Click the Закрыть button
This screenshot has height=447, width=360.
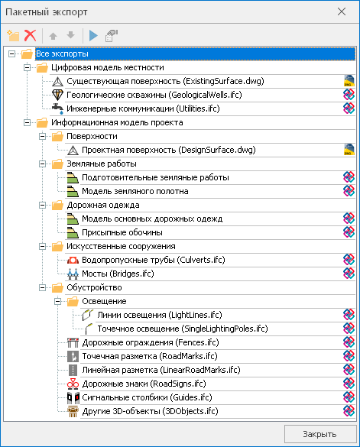[320, 434]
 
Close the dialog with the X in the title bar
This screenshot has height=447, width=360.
[342, 11]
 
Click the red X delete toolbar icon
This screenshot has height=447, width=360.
[31, 36]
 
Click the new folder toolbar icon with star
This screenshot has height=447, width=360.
[13, 36]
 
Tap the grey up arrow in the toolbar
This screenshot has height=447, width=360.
[53, 36]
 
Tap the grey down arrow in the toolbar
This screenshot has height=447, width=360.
[70, 35]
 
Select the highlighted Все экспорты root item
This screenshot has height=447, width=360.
[62, 53]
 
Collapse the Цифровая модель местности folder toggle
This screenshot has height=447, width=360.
[27, 67]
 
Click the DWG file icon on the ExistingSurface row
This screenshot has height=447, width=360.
[349, 81]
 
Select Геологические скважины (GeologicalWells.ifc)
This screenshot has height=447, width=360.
[154, 95]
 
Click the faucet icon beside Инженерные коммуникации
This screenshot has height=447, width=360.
[57, 109]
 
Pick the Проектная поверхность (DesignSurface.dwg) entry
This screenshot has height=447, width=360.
[169, 150]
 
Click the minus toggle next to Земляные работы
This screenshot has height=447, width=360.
[43, 164]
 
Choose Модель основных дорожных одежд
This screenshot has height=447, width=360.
[152, 219]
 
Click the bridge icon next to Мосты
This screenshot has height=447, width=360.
[73, 274]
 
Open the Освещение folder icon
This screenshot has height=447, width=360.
[73, 301]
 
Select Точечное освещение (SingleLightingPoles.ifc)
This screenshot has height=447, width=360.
[183, 329]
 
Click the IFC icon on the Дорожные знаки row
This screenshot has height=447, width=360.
[349, 384]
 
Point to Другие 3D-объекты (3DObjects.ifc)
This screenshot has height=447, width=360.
[150, 411]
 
